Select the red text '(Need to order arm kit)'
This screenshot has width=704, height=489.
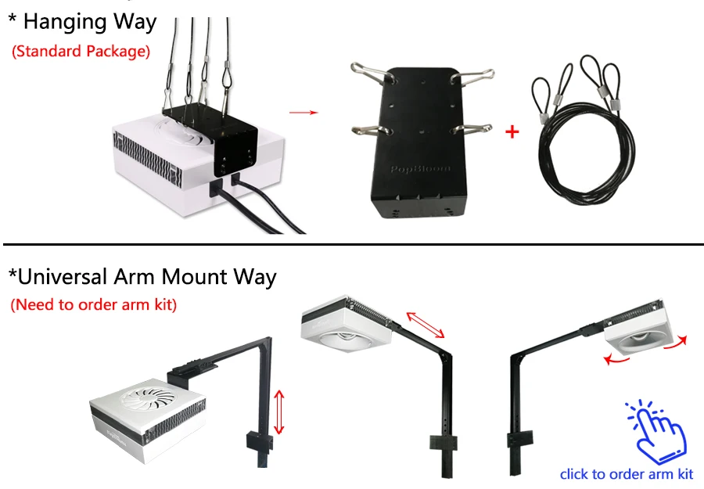(x=94, y=304)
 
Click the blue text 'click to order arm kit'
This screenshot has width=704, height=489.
(x=627, y=473)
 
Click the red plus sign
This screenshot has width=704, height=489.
(x=512, y=131)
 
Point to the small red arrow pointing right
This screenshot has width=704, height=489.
(x=304, y=113)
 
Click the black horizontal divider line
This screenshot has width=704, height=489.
(x=352, y=244)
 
